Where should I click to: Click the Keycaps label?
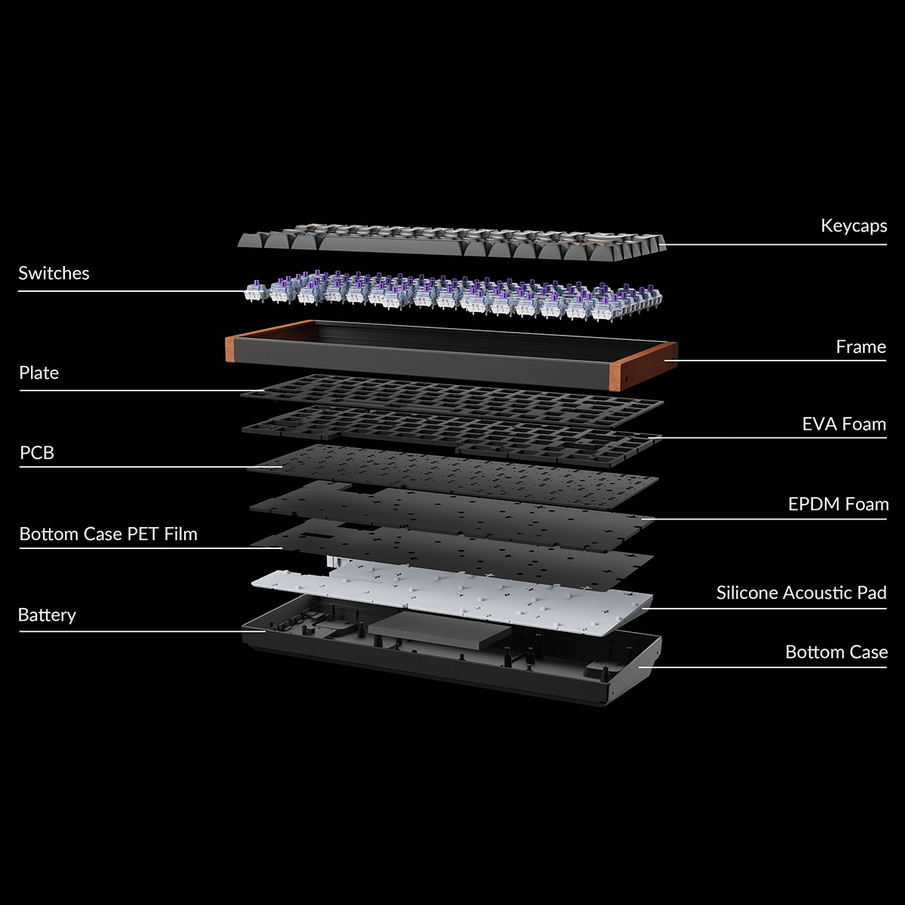pos(854,226)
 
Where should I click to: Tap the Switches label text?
pos(54,273)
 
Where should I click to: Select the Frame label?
pos(861,347)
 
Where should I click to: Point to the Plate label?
pos(39,373)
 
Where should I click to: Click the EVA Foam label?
pos(844,424)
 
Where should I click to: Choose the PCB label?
pos(37,452)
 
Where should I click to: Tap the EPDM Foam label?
pos(839,505)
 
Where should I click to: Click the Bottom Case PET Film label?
pos(109,534)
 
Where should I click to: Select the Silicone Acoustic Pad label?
pos(801,593)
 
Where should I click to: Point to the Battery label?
pos(47,615)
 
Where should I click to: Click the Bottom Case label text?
pos(836,652)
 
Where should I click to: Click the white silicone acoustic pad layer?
pos(452,599)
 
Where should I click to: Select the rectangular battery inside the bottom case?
pos(440,630)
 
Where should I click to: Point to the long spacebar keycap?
pos(394,245)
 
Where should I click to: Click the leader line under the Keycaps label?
pos(776,244)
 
